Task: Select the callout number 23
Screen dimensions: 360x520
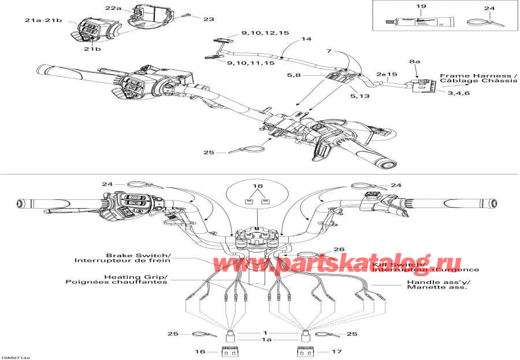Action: (209, 19)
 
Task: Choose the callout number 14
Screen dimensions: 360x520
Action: (306, 39)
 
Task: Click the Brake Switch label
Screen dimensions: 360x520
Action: (138, 255)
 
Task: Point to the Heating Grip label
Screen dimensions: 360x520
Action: (136, 276)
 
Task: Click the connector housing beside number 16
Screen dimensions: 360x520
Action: (230, 351)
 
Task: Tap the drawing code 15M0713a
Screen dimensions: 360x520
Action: (16, 357)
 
